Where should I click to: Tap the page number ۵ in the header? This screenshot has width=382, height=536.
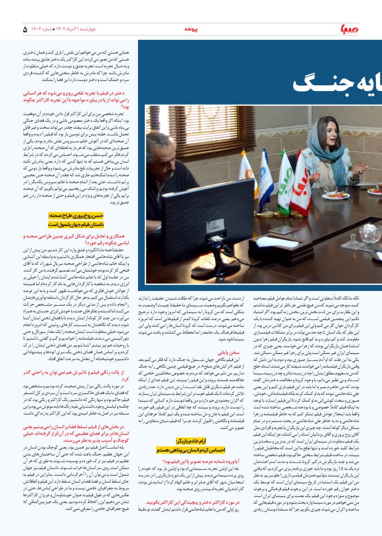pos(25,29)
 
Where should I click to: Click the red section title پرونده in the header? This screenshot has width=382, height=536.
pos(192,30)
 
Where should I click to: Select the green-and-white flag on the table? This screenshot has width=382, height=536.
pos(285,181)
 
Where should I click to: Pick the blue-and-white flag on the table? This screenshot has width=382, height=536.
pos(265,181)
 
